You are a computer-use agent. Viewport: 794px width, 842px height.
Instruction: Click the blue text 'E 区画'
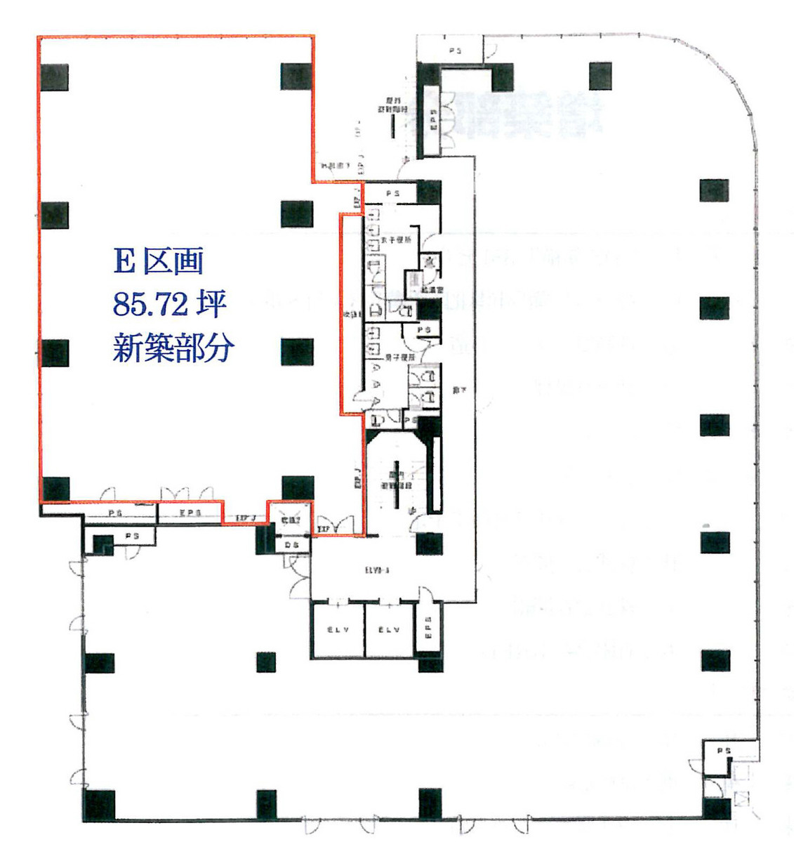159,261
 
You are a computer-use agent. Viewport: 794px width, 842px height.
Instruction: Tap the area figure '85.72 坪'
169,305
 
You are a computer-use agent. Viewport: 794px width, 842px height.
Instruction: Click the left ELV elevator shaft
338,630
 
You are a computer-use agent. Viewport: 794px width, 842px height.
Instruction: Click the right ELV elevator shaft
389,630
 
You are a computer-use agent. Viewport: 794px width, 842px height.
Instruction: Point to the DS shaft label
291,545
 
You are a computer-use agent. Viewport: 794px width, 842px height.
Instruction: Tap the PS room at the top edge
455,51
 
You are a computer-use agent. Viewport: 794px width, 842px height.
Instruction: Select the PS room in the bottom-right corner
723,751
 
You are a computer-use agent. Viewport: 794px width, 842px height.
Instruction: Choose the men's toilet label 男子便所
399,357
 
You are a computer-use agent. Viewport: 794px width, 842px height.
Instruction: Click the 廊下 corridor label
458,390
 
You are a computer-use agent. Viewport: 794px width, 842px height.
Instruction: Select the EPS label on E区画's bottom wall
190,513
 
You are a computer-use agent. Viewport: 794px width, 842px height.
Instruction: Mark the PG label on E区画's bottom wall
115,514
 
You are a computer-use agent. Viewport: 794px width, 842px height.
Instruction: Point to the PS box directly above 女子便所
392,193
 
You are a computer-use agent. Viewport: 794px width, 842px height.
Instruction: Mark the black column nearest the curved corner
600,76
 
